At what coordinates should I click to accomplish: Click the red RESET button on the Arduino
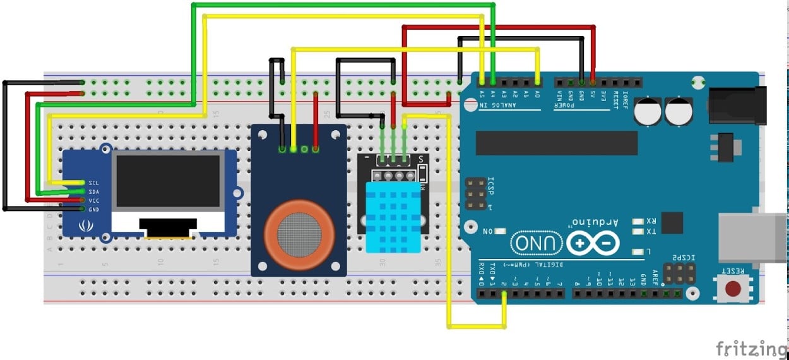pos(733,289)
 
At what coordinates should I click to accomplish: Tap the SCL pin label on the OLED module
pos(94,183)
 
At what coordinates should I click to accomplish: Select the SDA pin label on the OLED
pos(94,191)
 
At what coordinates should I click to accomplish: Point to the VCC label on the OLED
pos(94,200)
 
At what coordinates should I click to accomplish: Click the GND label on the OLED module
pos(94,209)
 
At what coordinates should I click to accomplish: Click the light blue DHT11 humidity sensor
pos(393,218)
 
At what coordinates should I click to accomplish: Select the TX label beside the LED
pos(650,232)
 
